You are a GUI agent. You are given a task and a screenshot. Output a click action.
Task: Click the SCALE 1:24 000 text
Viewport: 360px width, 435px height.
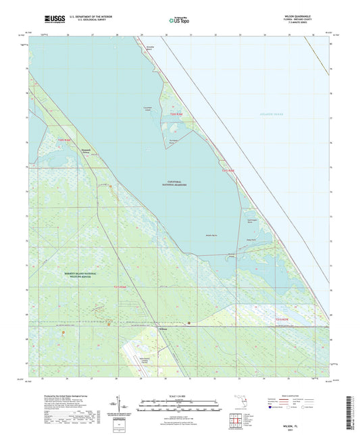point(179,395)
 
